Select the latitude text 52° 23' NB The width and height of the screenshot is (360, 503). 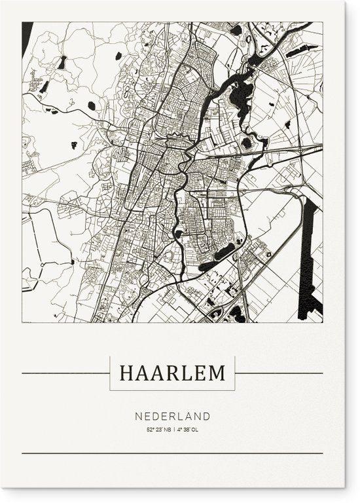click(x=158, y=430)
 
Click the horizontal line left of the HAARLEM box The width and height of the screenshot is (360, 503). click(x=65, y=373)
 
